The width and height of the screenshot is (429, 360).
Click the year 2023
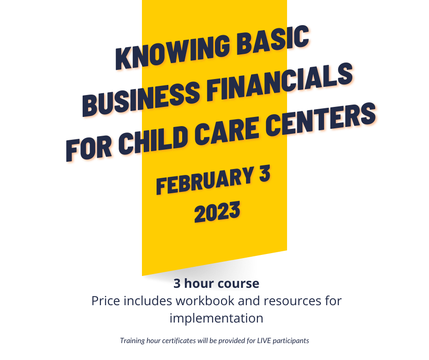click(x=217, y=212)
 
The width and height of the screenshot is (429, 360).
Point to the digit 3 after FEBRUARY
click(x=265, y=173)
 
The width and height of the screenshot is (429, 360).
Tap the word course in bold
click(x=239, y=284)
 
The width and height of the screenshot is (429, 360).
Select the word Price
click(x=105, y=301)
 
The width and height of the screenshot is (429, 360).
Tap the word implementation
click(x=216, y=318)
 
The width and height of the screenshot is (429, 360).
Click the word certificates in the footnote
click(x=179, y=340)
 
